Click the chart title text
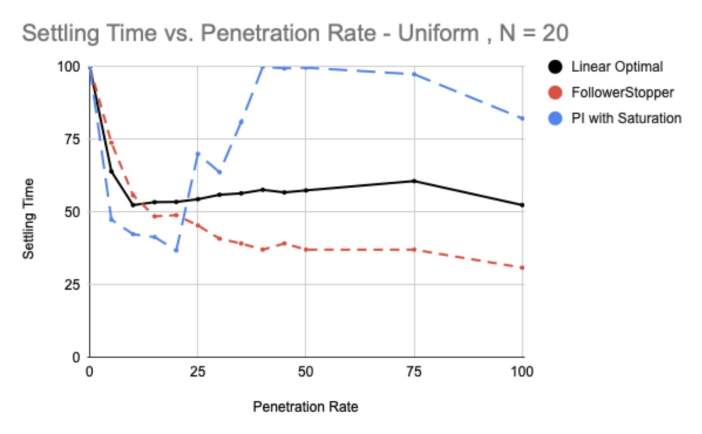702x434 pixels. pos(295,33)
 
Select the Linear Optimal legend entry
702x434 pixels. pos(616,67)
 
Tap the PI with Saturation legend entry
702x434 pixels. pos(626,118)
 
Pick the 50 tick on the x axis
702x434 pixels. pos(306,371)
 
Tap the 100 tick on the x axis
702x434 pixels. pos(522,371)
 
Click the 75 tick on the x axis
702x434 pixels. pos(414,371)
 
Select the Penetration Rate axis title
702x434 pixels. pos(305,406)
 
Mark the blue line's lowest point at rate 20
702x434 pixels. pos(176,250)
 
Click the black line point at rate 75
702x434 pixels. pos(414,181)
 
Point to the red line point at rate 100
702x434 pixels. pos(523,267)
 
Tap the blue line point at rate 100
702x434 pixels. pos(523,118)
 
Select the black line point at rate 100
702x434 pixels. pos(523,205)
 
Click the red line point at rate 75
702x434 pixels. pos(414,249)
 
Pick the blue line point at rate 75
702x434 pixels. pos(414,74)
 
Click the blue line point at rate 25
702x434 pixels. pos(198,154)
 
